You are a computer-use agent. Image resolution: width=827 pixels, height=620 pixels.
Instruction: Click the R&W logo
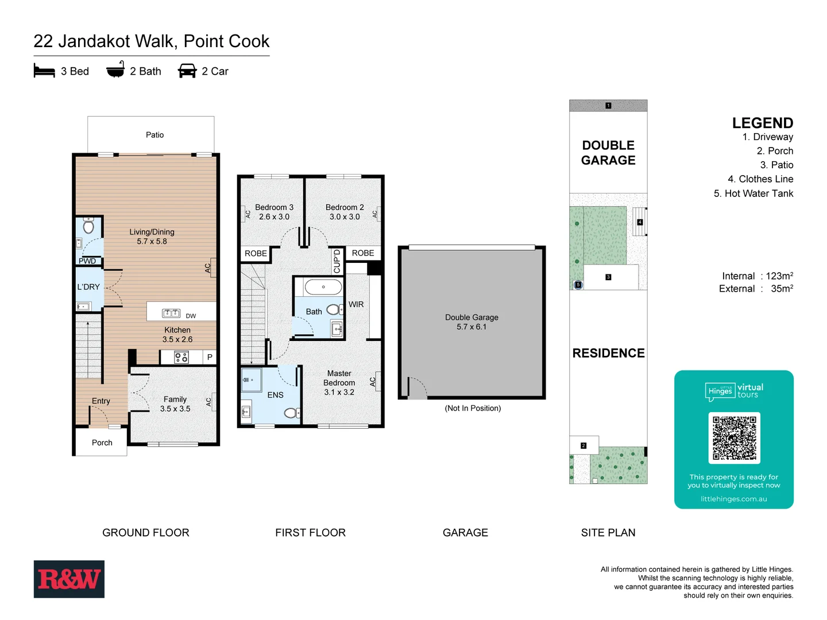coord(69,579)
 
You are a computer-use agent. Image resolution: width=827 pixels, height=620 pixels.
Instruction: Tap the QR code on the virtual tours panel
coord(734,437)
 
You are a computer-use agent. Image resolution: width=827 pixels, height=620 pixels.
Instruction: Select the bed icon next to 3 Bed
coord(44,71)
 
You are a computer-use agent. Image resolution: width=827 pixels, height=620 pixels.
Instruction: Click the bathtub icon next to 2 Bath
coord(115,69)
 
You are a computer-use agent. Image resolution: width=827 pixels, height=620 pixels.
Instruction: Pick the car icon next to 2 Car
coord(187,71)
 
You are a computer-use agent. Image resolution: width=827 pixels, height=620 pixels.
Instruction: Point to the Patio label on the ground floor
coord(154,135)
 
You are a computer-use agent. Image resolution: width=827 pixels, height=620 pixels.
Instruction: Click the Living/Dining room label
coord(152,237)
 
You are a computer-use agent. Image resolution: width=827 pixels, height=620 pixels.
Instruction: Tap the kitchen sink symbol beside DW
coord(171,313)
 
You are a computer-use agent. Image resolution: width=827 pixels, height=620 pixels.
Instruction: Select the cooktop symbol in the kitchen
coord(181,358)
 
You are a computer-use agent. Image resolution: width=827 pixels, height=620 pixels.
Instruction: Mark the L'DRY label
coord(88,287)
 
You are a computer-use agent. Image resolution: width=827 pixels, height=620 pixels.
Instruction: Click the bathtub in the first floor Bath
coord(323,286)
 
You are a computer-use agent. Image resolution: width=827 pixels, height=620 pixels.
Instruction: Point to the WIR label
coord(356,304)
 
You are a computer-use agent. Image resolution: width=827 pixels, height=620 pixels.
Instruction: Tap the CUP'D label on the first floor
coord(337,261)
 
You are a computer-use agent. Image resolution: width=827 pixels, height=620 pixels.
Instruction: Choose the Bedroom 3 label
coord(274,212)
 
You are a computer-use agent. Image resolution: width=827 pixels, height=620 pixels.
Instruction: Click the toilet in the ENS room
coord(291,412)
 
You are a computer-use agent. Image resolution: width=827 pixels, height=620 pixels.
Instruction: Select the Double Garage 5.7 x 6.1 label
coord(472,322)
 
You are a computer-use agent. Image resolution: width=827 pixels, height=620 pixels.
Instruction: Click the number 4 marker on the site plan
coord(640,222)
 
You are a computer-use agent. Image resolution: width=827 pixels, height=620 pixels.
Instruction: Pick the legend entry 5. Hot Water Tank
coord(753,193)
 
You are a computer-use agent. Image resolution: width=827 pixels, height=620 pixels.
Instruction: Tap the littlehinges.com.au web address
coord(733,499)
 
